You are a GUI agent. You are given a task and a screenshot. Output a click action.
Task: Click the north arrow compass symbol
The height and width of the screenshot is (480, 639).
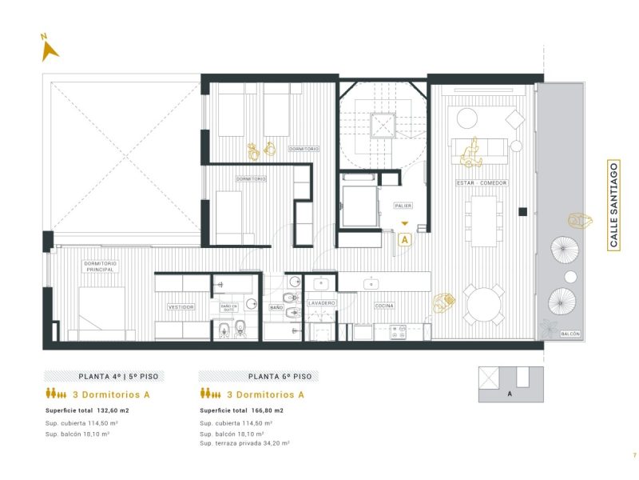50,49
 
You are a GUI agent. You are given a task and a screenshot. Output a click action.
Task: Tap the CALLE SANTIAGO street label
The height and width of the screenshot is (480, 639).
614,206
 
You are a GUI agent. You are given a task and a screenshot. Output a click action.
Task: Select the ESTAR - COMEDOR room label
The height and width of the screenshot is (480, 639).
482,183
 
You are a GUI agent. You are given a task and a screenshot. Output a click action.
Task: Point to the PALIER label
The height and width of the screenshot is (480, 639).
403,206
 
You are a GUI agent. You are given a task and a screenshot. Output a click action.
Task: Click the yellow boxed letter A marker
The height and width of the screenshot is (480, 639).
404,238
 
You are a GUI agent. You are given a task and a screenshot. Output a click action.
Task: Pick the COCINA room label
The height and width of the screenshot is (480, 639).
386,306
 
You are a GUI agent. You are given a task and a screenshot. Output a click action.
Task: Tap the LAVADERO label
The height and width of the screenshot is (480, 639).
321,304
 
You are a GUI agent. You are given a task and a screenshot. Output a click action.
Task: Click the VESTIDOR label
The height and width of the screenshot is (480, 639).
181,306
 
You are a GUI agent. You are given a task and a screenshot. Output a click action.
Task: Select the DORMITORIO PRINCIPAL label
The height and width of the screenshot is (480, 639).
100,266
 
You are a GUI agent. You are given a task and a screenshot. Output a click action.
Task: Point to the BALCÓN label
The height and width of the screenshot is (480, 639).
570,334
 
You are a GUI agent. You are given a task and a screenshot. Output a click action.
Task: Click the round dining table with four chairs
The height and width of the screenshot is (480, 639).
484,305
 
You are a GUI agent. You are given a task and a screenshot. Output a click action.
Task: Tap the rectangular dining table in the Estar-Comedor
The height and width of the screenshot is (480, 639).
486,221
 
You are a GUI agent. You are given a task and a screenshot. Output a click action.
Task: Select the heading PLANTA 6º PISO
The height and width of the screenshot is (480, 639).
280,376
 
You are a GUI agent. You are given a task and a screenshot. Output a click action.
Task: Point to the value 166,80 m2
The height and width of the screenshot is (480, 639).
267,410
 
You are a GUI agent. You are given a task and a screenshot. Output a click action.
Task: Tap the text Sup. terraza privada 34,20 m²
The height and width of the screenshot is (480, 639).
244,442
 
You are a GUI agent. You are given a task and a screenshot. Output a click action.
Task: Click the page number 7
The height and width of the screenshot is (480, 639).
633,455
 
